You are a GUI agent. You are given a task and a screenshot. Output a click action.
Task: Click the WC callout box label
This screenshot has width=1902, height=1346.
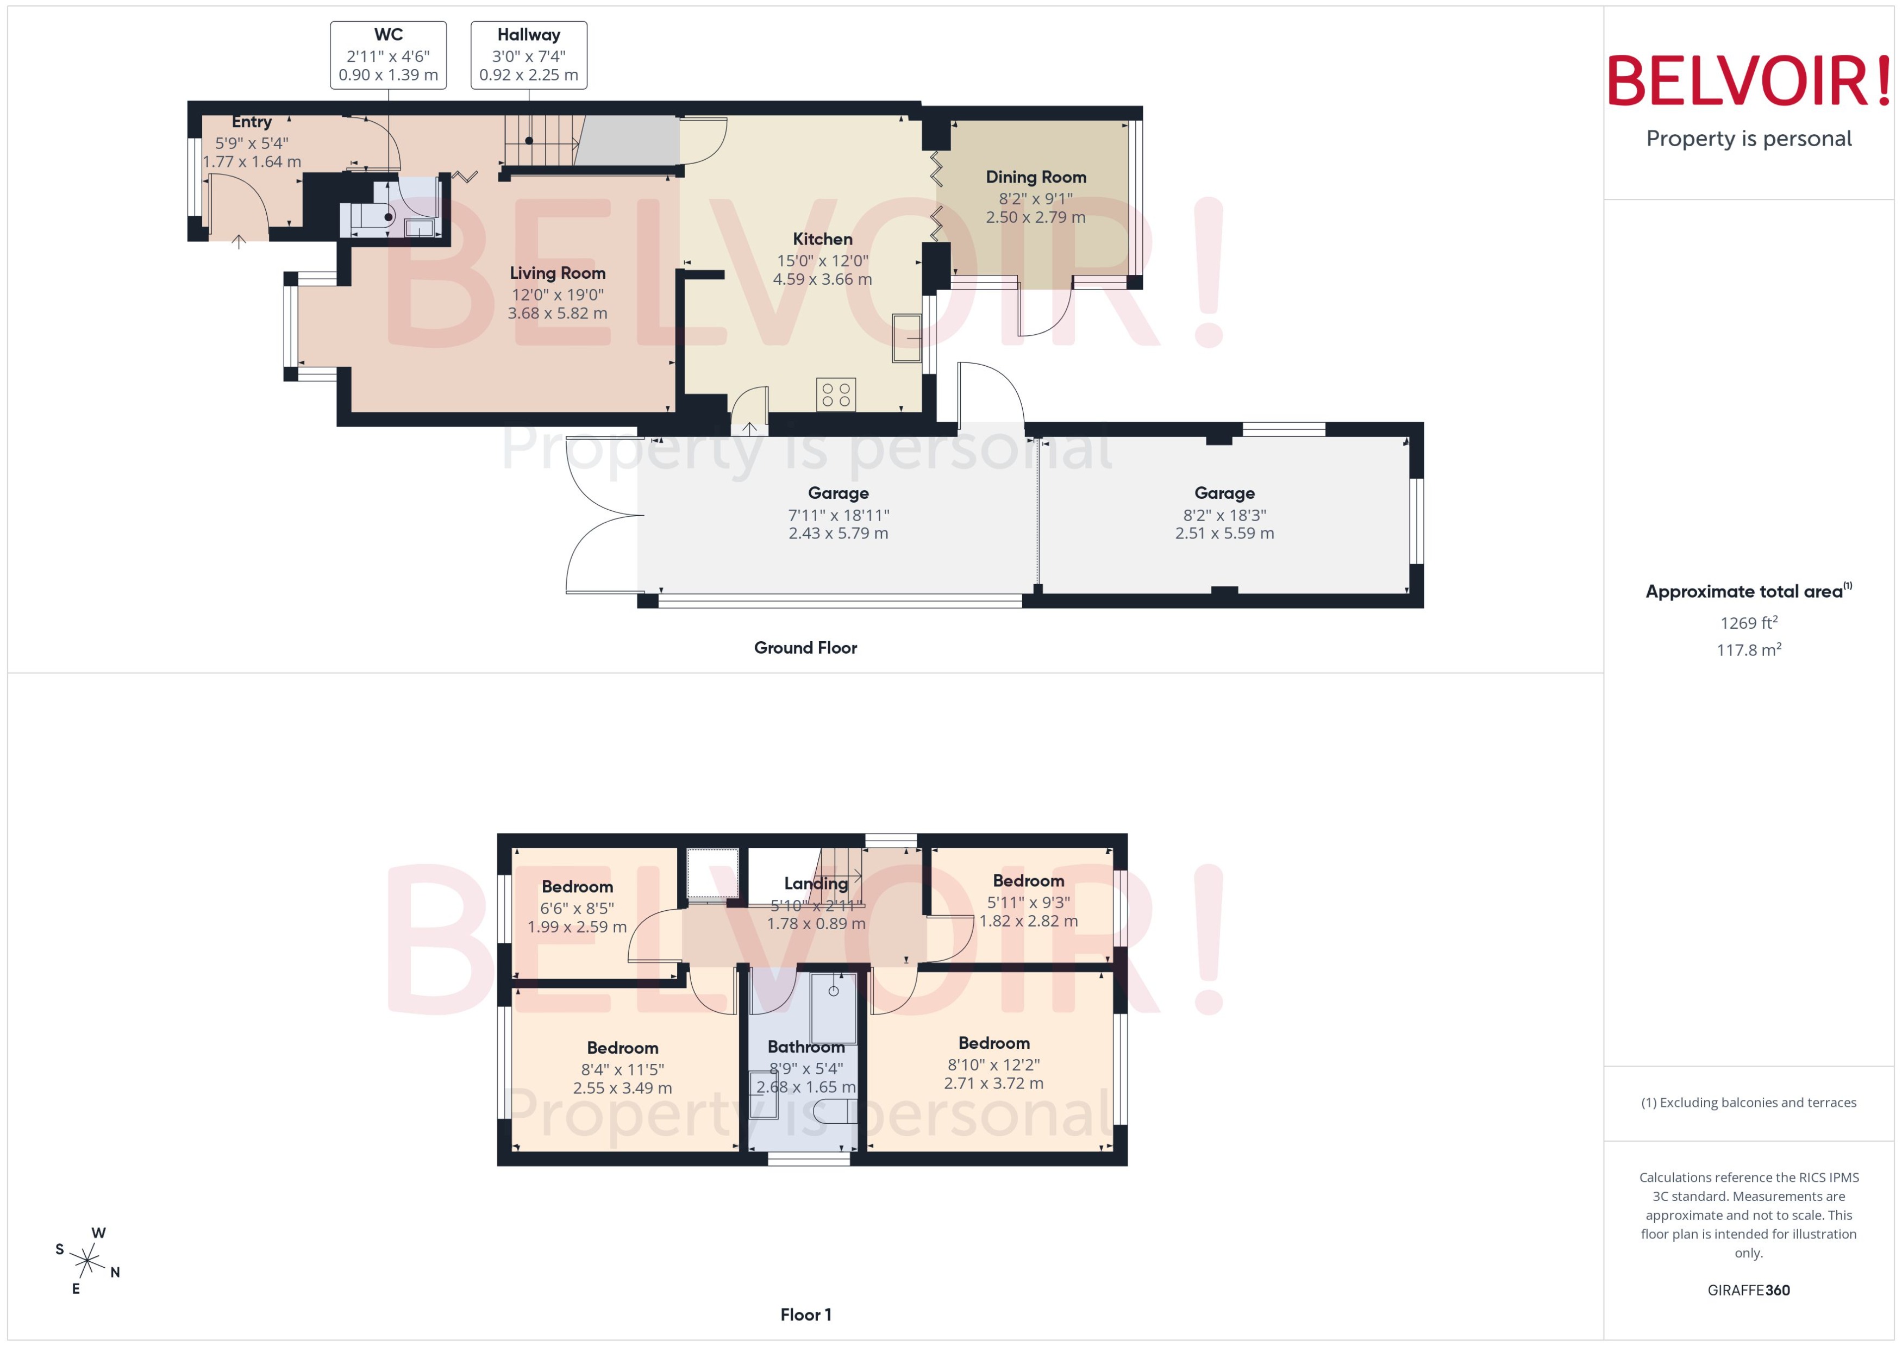388,35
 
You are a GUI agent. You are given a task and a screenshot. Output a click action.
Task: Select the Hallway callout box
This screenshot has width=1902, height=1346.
529,55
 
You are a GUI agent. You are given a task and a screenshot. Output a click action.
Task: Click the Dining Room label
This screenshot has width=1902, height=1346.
1035,177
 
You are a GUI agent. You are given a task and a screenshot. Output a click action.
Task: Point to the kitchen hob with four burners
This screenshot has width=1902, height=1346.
835,395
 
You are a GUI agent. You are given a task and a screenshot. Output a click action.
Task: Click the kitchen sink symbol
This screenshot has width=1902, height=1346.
906,338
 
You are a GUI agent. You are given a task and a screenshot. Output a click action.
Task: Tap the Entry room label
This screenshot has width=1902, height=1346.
251,122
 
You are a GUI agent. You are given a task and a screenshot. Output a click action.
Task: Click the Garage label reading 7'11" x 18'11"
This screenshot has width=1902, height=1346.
838,515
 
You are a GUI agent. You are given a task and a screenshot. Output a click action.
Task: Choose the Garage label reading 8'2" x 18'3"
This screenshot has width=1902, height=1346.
1224,515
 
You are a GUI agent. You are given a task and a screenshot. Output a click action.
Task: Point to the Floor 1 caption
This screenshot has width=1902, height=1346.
805,1314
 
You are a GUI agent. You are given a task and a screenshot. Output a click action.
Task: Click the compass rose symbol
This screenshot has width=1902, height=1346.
87,1261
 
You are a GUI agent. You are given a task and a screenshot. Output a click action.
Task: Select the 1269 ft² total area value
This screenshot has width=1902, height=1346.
1748,622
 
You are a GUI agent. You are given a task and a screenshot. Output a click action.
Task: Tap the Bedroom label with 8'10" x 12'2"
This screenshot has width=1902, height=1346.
994,1043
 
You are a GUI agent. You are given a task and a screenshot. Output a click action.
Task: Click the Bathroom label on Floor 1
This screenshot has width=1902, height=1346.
805,1047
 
